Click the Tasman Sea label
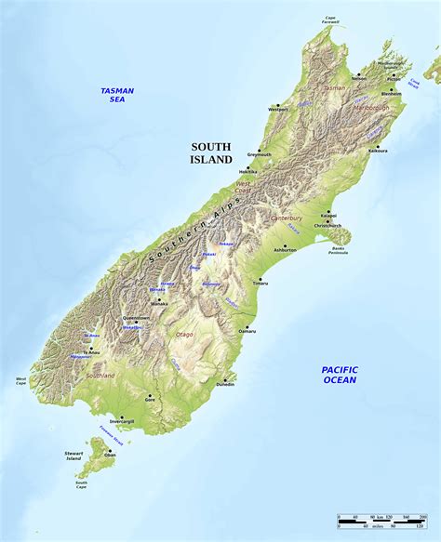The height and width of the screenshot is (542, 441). tap(117, 94)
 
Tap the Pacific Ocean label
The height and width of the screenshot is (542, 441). tap(340, 375)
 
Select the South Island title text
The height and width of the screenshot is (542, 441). tap(211, 153)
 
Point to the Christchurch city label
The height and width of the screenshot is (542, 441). tap(327, 226)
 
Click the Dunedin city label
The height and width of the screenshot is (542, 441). tap(224, 384)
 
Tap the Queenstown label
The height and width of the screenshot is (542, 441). tap(136, 318)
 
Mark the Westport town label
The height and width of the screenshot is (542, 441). tap(277, 111)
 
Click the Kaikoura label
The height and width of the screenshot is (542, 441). tap(378, 150)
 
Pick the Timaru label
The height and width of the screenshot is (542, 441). tap(261, 284)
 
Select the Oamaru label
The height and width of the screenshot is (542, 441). tap(247, 331)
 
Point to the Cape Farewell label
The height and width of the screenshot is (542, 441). tap(330, 18)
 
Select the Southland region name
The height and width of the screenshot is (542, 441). tap(100, 376)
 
